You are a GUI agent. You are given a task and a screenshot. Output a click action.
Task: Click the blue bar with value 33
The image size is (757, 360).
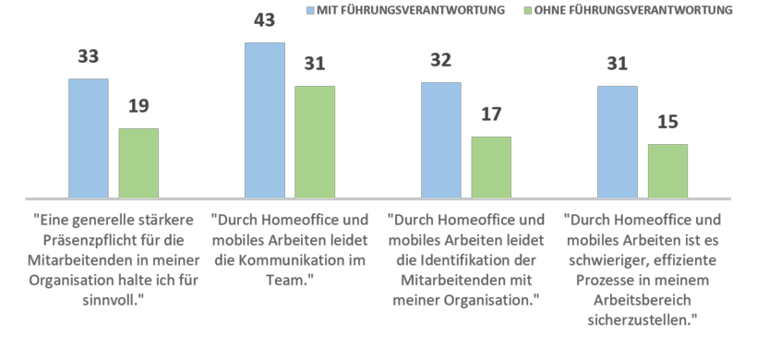click(89, 138)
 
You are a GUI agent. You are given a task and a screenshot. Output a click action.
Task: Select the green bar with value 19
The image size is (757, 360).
click(138, 163)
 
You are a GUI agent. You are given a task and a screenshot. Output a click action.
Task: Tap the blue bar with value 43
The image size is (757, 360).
click(265, 120)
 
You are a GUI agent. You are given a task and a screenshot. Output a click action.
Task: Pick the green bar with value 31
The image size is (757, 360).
click(315, 142)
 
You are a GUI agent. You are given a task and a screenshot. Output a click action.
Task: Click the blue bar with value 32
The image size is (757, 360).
click(441, 140)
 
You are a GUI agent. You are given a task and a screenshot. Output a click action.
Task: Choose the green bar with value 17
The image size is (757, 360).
click(491, 167)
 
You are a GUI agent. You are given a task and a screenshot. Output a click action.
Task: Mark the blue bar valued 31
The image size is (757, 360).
click(618, 142)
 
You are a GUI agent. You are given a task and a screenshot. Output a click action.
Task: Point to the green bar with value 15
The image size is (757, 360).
click(667, 171)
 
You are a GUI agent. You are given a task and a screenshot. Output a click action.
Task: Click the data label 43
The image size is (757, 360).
click(265, 22)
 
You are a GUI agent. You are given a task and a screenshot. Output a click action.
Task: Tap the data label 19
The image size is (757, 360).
click(138, 107)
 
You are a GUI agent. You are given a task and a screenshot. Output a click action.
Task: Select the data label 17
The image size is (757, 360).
click(491, 115)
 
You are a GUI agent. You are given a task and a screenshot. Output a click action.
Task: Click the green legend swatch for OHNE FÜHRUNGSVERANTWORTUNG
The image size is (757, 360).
click(526, 10)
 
